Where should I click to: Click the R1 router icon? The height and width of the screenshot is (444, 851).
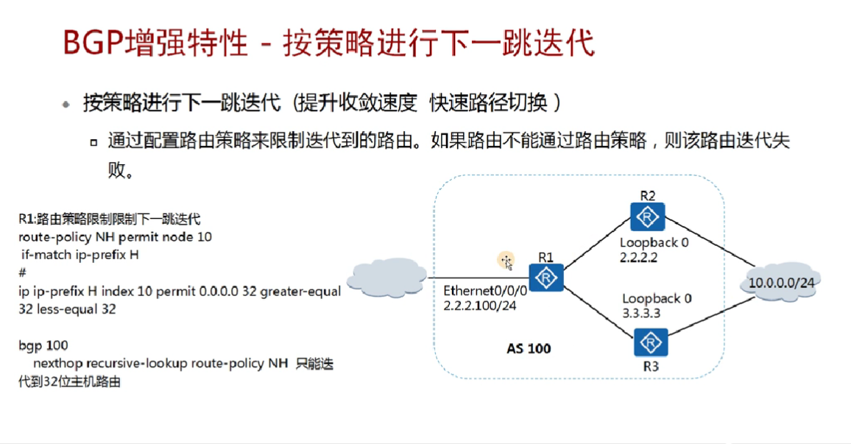[546, 278]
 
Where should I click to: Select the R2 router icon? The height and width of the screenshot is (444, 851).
[648, 217]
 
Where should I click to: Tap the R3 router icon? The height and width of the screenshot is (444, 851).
[648, 343]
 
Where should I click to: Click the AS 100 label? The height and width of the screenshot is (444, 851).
[529, 348]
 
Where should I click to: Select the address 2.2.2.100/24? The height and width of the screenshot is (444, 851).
[479, 306]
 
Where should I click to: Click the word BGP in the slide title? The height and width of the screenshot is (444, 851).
[91, 43]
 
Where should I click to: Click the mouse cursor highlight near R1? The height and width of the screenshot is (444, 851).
[506, 260]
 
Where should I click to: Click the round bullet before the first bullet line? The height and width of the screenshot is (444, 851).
[67, 105]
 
